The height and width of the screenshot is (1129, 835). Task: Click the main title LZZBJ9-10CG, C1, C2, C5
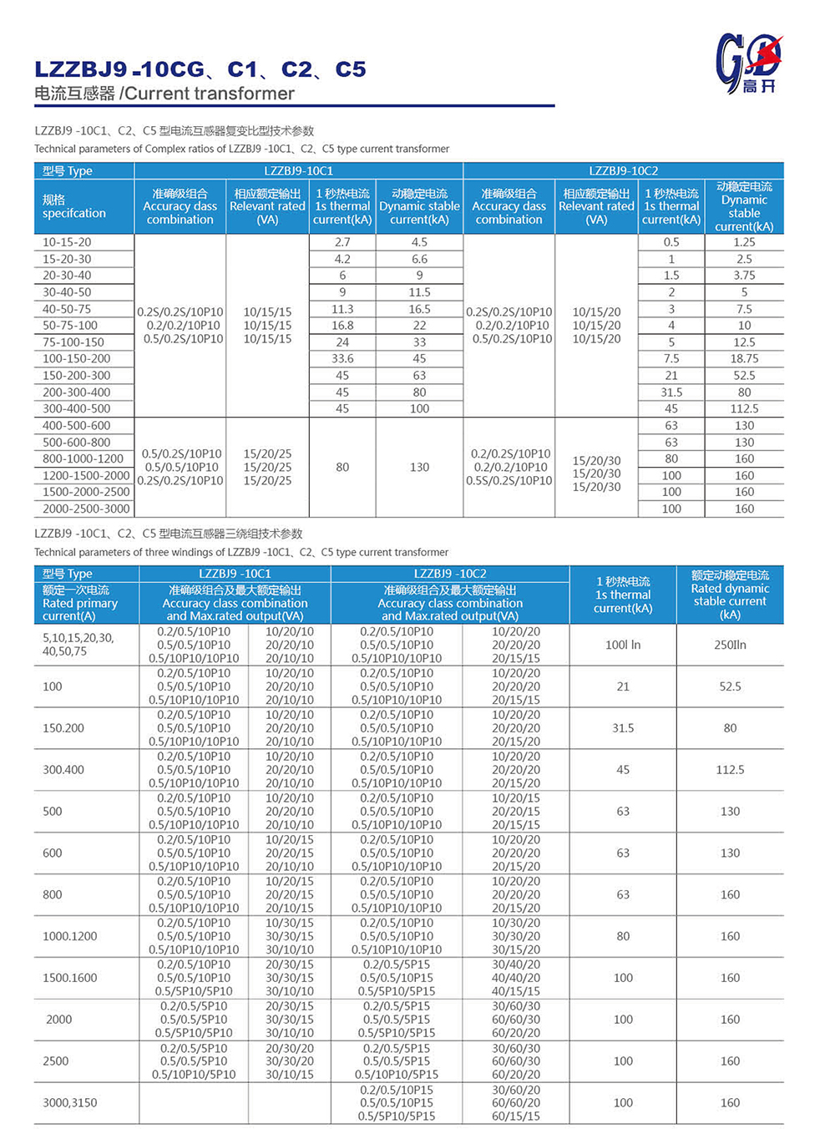coord(200,69)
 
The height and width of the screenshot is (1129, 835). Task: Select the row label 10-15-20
coord(67,242)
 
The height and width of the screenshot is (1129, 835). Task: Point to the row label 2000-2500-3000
coord(86,509)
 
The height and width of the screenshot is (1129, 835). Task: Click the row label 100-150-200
coord(76,358)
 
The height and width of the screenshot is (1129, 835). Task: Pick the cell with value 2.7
coord(342,242)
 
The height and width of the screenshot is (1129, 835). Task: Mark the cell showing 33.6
coord(342,358)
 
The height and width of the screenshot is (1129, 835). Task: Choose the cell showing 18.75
coord(744,358)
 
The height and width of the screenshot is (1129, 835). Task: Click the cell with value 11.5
coord(419,292)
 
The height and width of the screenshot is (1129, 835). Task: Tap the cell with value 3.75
coord(744,276)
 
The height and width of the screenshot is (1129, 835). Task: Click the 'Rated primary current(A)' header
coord(80,603)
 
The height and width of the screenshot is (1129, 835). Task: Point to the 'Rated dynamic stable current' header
coord(730,595)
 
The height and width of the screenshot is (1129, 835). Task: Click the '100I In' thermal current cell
coord(623,645)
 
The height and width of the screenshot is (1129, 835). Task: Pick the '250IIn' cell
coord(730,645)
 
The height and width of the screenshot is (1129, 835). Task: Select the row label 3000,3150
coord(69,1102)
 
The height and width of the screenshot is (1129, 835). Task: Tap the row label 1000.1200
coord(69,936)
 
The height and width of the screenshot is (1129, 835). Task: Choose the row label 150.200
coord(63,728)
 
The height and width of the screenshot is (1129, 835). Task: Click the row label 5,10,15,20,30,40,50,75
coord(78,644)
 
